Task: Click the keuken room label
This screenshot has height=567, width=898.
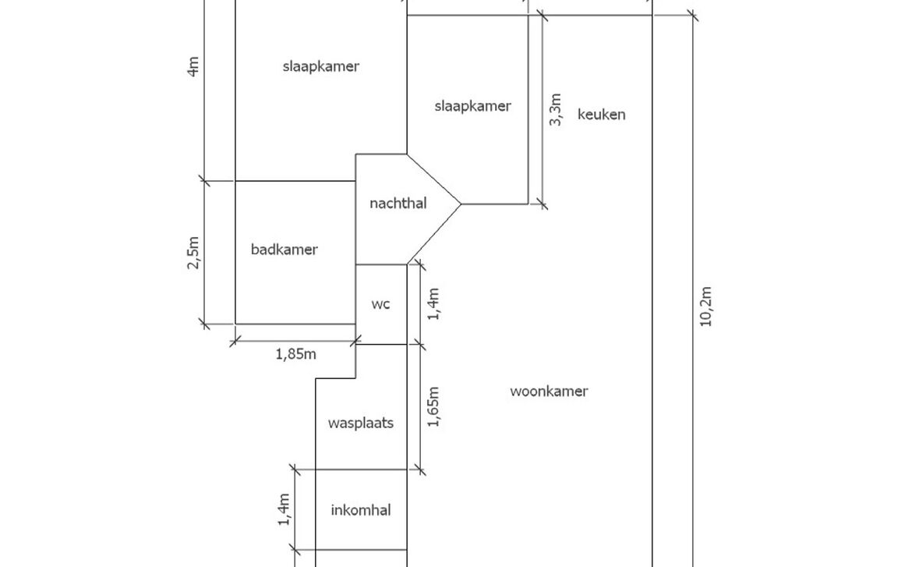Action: click(x=601, y=115)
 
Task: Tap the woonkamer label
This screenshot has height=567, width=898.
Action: click(x=549, y=392)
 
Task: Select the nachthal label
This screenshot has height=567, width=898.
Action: click(x=398, y=204)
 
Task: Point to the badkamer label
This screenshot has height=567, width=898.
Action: click(x=284, y=250)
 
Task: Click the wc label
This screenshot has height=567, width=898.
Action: click(x=380, y=304)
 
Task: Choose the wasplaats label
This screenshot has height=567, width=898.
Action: click(x=360, y=423)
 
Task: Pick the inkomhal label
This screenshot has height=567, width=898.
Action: click(x=360, y=511)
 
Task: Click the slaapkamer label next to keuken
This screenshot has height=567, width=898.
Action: click(x=472, y=106)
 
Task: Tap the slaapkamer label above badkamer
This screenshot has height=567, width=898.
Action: click(x=320, y=66)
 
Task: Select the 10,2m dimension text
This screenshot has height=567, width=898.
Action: click(x=705, y=307)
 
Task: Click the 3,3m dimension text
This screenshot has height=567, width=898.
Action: click(x=555, y=110)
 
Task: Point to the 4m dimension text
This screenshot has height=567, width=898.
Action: click(x=193, y=66)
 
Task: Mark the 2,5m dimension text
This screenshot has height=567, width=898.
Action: click(x=193, y=253)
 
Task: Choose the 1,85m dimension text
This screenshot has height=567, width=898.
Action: click(x=295, y=354)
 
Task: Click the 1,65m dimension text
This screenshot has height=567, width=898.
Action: click(x=434, y=406)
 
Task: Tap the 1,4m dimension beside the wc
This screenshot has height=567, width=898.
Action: click(x=434, y=303)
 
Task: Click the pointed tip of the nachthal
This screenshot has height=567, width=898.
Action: click(x=461, y=204)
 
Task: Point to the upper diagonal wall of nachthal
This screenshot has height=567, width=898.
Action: click(x=433, y=179)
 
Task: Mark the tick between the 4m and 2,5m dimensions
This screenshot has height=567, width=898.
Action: click(x=205, y=181)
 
